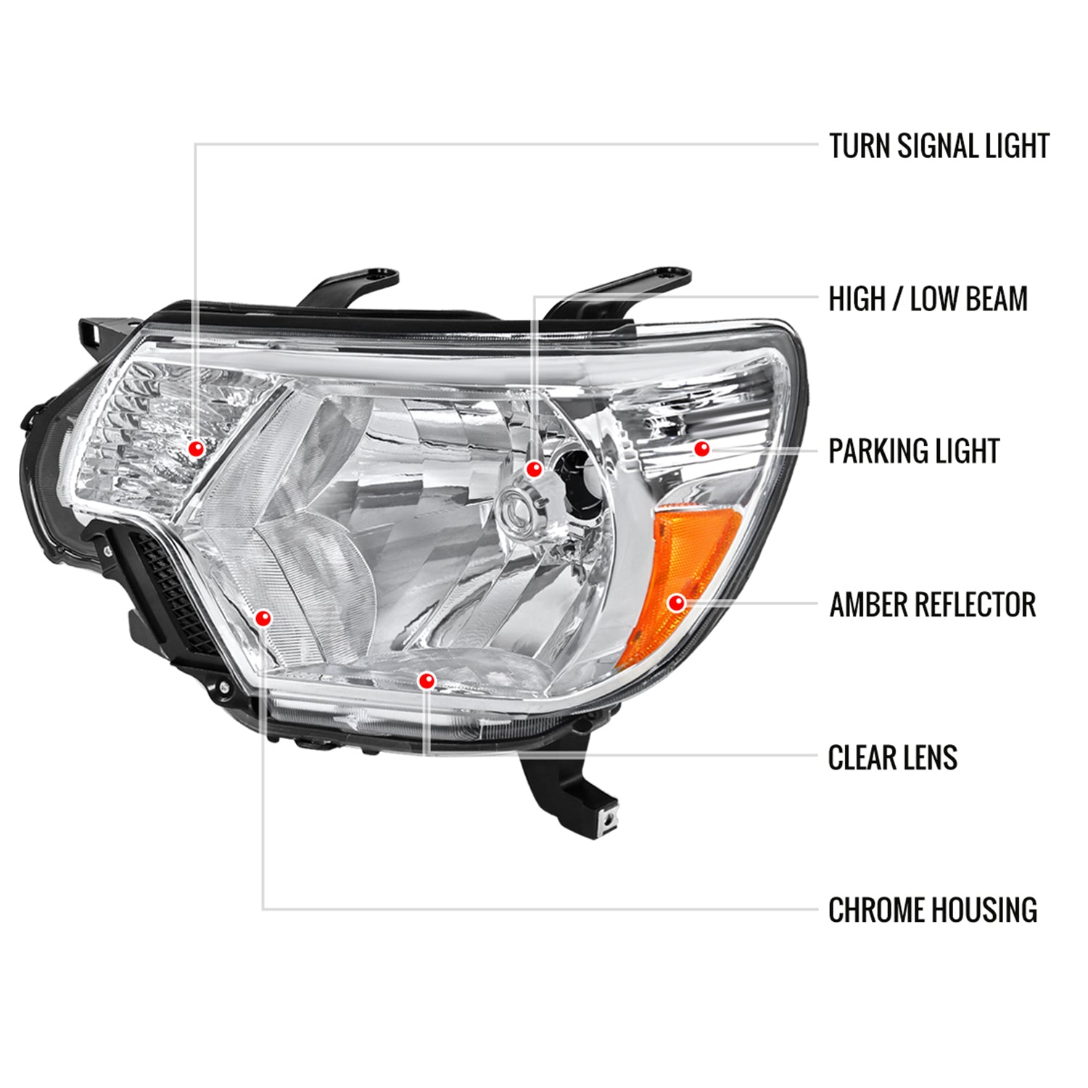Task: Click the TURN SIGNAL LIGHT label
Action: point(939,146)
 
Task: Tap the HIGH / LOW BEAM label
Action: point(928,299)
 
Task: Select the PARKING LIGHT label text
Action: point(914,451)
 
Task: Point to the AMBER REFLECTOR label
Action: point(933,605)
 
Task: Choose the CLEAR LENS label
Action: point(892,758)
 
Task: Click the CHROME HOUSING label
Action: point(932,910)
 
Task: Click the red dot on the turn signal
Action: point(195,449)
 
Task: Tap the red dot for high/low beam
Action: point(534,469)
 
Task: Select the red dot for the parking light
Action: point(701,449)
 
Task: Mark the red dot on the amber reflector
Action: point(676,602)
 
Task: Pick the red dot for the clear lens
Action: point(426,680)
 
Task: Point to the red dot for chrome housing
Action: point(263,618)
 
